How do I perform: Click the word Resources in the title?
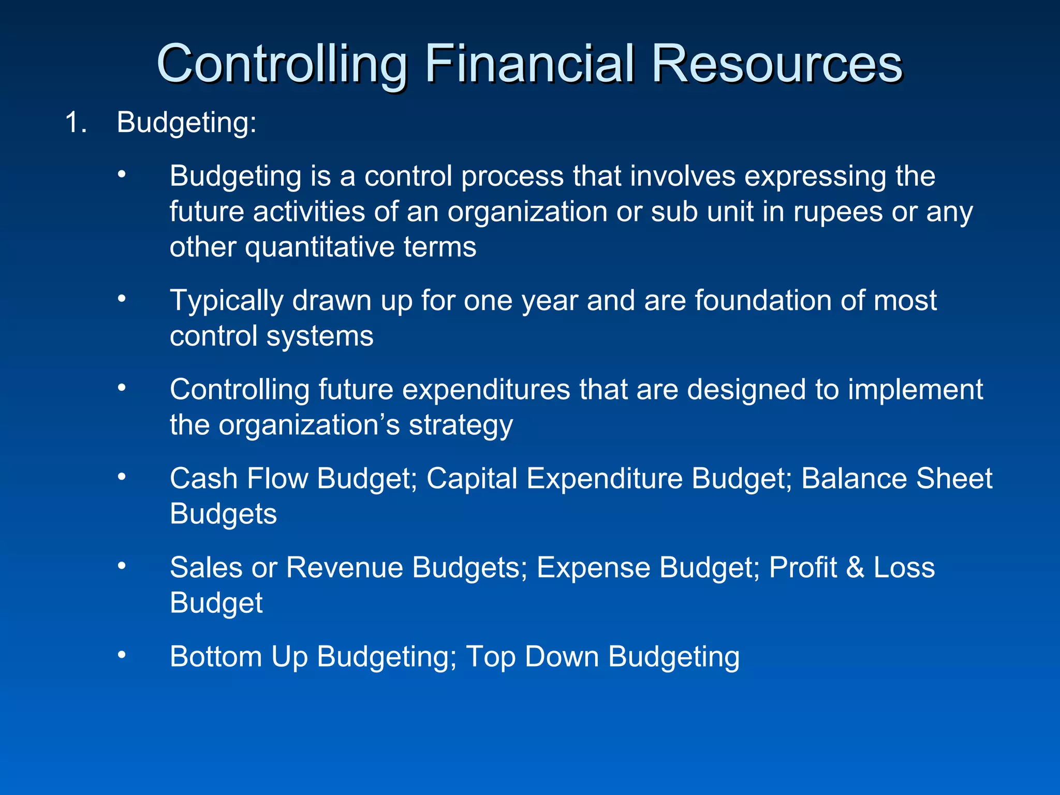point(776,64)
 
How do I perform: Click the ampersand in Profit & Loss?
point(855,568)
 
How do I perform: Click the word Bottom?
point(216,657)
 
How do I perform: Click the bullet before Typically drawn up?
point(122,299)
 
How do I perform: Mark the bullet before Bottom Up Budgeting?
point(122,655)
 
